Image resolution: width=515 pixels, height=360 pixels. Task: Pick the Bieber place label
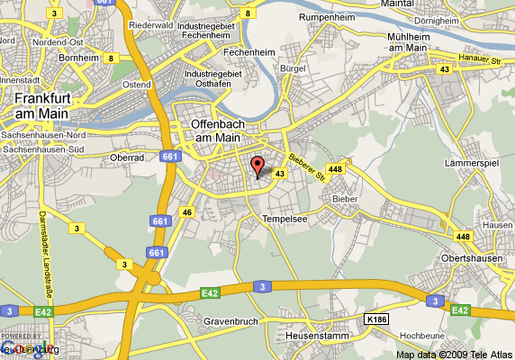pos(345,197)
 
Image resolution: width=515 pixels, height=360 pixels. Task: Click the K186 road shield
pos(378,318)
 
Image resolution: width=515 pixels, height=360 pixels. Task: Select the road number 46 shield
pos(187,211)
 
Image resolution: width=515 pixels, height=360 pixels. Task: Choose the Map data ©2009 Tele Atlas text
pos(454,353)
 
